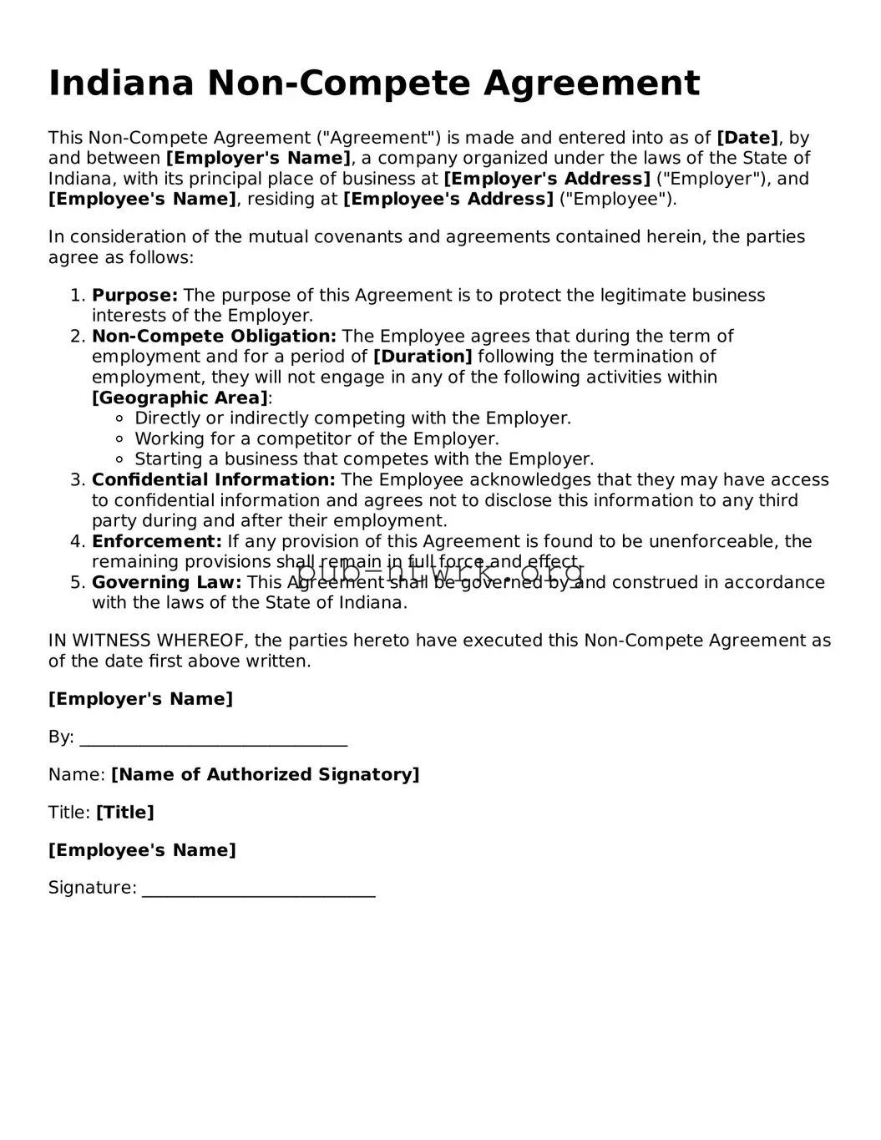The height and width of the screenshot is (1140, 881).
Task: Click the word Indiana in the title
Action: point(121,84)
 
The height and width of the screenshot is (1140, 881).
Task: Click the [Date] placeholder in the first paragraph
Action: point(747,138)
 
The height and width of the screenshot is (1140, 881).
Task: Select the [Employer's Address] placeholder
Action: point(546,179)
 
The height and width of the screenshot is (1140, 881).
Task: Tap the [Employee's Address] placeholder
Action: point(448,199)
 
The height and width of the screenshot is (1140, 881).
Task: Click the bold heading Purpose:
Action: point(134,296)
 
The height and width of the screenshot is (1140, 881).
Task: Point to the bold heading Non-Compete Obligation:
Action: point(214,337)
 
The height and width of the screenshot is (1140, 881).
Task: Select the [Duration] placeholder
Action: point(423,357)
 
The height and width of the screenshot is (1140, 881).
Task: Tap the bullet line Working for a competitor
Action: point(316,439)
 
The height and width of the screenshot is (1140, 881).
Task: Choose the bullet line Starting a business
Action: point(364,459)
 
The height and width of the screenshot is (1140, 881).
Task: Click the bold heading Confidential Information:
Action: point(213,480)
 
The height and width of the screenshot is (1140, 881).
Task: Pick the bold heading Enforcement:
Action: point(157,541)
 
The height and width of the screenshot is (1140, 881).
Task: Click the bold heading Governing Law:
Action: point(166,582)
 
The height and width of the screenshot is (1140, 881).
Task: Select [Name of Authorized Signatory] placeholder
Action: point(265,775)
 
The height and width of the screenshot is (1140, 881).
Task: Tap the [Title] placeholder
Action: point(124,813)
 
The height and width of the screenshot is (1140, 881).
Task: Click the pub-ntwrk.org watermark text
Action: point(440,574)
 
